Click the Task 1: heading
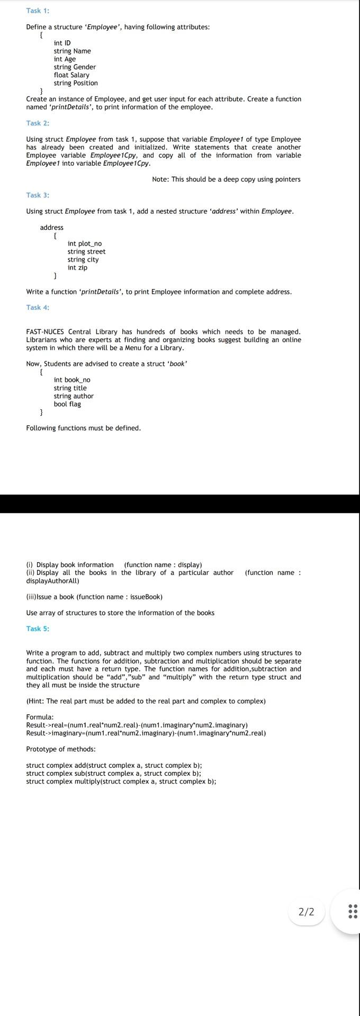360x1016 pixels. coord(38,11)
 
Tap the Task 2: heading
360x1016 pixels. coord(38,123)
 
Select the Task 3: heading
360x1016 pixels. coord(38,195)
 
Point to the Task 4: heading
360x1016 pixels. coord(38,307)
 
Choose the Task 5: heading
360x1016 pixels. coord(38,628)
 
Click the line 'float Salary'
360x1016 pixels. coord(71,75)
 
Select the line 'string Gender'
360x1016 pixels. coord(75,67)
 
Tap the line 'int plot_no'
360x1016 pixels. coord(84,244)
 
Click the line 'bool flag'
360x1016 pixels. coord(67,404)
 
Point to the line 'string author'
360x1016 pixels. coord(74,396)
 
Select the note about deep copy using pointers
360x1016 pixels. coord(226,179)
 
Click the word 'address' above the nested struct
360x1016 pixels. coord(51,228)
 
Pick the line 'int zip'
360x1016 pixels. coord(77,267)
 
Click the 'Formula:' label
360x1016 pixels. coord(40,717)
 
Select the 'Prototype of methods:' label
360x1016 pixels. coord(61,749)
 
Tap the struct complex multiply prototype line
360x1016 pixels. coord(121,781)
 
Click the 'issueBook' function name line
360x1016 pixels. coord(94,597)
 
